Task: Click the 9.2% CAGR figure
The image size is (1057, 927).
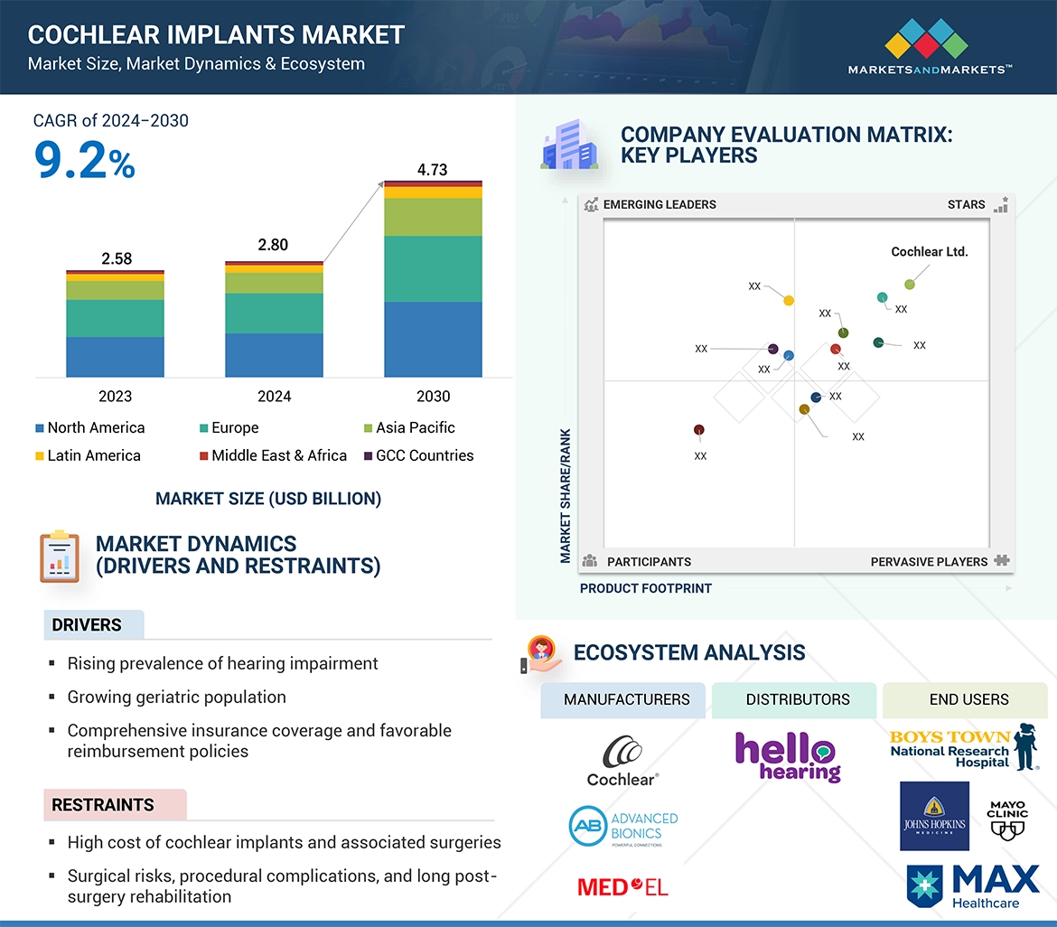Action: click(84, 161)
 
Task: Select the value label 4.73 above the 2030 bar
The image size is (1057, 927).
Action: click(432, 170)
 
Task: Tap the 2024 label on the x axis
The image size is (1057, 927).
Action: click(274, 396)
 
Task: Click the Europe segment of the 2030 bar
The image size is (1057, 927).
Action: click(433, 268)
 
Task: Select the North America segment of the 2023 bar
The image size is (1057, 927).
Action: click(115, 357)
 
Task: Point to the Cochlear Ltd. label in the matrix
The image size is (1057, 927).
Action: click(929, 252)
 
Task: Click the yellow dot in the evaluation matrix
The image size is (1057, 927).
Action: click(789, 300)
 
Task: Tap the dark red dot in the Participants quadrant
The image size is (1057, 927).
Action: click(699, 430)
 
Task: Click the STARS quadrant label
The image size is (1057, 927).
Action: click(966, 205)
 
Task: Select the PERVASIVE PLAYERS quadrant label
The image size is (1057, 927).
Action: click(929, 562)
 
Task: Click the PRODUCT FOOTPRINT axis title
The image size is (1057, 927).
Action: click(646, 588)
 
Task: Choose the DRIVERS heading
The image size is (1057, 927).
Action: click(87, 625)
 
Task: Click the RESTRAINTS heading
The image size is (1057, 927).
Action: click(103, 805)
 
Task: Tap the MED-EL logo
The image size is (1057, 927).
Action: click(622, 886)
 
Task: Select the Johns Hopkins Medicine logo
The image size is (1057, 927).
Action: click(934, 817)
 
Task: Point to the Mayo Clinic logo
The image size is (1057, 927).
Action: click(1007, 817)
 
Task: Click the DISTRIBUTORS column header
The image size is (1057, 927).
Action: click(798, 699)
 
